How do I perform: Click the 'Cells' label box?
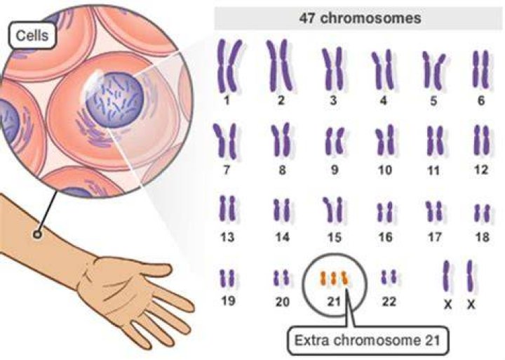[32, 35]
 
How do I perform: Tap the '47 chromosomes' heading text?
[360, 18]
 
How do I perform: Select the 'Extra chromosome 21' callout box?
[367, 341]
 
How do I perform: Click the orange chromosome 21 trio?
[334, 279]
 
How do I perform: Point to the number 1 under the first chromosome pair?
[227, 100]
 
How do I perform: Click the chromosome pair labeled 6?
[481, 69]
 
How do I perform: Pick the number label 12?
[481, 170]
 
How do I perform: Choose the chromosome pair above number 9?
[335, 141]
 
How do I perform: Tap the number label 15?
[335, 237]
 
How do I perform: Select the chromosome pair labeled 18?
[482, 213]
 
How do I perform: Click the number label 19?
[228, 300]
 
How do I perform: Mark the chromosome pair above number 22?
[389, 277]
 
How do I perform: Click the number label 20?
[283, 302]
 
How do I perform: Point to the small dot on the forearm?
[37, 234]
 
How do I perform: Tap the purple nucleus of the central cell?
[114, 100]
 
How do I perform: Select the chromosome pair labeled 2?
[280, 66]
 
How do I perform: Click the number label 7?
[227, 170]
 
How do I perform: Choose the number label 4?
[383, 100]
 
